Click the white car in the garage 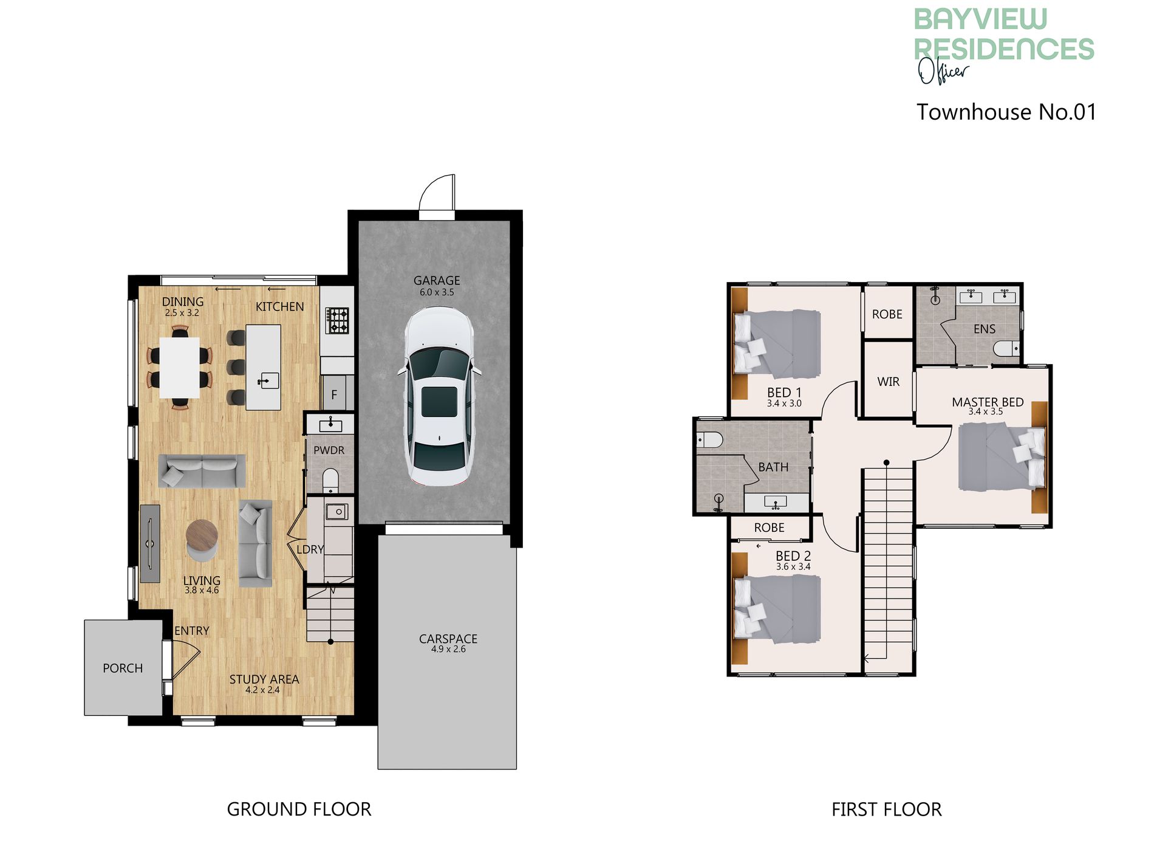[x=439, y=396]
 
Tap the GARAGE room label [x=437, y=281]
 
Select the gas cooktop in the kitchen [x=338, y=321]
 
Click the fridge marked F [x=334, y=394]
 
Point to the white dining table [x=180, y=368]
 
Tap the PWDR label [x=329, y=450]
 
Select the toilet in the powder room [x=330, y=479]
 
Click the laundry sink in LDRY [x=337, y=512]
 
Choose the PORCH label [x=123, y=668]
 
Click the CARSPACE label [x=448, y=639]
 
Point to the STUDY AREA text [x=264, y=679]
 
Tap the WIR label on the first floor [x=888, y=382]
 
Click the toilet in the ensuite [x=1006, y=349]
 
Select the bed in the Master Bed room [x=1002, y=457]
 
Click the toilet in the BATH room [x=709, y=439]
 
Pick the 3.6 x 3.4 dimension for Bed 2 [x=793, y=567]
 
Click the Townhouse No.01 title [x=1006, y=112]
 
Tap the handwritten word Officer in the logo [x=942, y=71]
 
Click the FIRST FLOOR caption [x=886, y=809]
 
